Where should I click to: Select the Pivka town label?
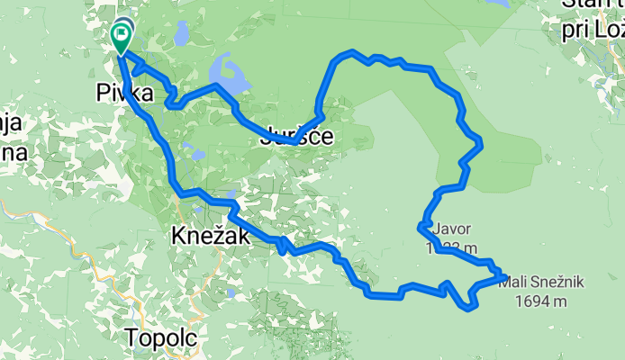[x=123, y=93]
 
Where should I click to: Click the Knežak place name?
[x=204, y=237]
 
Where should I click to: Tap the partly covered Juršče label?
[x=295, y=138]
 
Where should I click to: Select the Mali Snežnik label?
[x=540, y=283]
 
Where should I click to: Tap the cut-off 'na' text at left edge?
[x=13, y=150]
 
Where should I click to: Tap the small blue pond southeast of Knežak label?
[x=232, y=293]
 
